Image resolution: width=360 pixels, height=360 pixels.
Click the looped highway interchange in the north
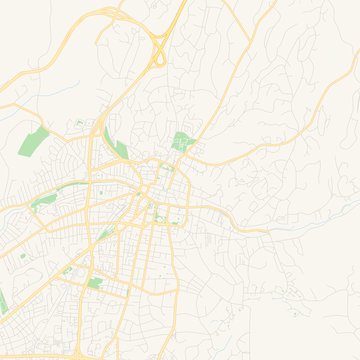pyautogui.click(x=158, y=50)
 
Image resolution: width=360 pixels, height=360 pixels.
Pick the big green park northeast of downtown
pyautogui.click(x=181, y=142)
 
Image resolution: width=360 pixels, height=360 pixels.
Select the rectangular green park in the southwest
pyautogui.click(x=95, y=283)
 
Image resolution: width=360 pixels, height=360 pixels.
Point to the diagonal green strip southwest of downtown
pyautogui.click(x=103, y=236)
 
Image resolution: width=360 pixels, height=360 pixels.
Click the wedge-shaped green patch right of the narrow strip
pyautogui.click(x=120, y=149)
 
